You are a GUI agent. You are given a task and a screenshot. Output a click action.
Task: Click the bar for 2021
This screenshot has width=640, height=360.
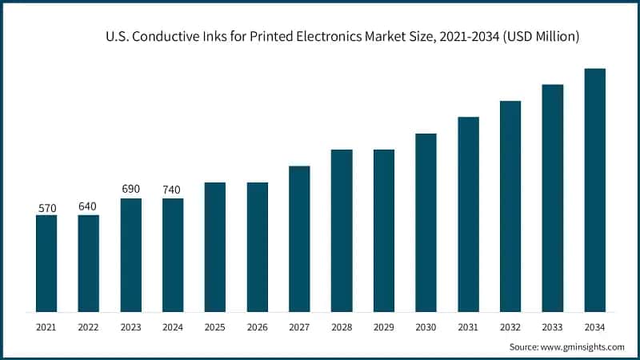pos(46,263)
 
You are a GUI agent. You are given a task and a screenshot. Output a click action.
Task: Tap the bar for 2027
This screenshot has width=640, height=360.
pos(299,239)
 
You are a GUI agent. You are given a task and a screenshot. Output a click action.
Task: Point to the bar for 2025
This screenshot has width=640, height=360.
pos(214,247)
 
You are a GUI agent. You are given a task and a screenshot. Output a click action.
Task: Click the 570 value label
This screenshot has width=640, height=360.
pos(46,208)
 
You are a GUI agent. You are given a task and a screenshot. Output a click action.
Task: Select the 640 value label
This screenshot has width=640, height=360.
pos(88,206)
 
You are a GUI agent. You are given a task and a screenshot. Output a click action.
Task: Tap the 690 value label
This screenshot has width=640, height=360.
pos(130,189)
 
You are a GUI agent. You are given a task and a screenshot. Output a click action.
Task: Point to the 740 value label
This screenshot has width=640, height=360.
pos(173,190)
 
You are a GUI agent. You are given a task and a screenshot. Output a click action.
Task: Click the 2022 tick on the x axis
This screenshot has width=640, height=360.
pos(88,326)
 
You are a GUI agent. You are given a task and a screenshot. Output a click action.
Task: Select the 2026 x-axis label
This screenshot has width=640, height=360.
pos(257,326)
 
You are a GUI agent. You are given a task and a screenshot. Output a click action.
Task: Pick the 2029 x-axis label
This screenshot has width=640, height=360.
pos(384,326)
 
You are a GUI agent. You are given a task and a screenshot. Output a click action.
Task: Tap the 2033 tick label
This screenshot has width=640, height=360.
pos(553,326)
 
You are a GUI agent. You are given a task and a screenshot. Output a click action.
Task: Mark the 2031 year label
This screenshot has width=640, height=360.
pos(468,326)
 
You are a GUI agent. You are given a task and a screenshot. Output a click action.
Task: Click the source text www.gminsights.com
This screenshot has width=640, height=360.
pos(584,346)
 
